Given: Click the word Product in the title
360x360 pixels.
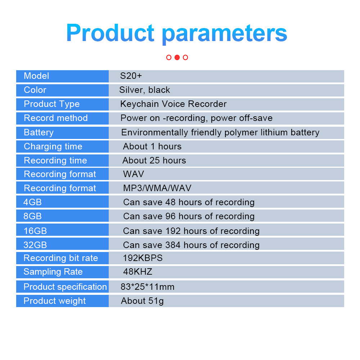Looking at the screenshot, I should (110, 33).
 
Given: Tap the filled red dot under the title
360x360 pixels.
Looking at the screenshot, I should (177, 57).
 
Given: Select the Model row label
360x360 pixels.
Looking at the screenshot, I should (36, 76).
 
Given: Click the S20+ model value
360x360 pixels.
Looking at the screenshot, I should (131, 76).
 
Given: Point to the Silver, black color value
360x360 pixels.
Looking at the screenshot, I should (145, 90).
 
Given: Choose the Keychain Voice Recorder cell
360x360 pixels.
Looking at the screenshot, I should (174, 104).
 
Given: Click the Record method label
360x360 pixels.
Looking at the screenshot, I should (56, 118).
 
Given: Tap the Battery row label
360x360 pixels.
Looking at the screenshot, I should (39, 132).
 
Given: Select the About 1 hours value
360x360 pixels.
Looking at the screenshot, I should (152, 147).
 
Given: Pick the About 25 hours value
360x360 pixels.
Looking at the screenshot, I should (154, 161).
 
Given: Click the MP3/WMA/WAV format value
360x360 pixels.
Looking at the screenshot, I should (157, 188).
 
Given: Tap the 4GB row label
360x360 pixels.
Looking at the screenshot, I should (33, 202).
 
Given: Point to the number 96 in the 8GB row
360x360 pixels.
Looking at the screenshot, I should (171, 216).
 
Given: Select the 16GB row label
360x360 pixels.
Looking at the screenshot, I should (35, 231).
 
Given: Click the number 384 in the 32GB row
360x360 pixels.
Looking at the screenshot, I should (173, 245).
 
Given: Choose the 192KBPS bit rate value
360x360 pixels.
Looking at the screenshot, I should (143, 258).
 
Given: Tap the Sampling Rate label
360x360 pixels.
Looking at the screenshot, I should (53, 272).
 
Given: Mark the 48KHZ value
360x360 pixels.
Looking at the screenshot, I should (138, 272).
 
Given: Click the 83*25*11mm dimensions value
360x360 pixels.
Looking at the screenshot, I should (148, 287).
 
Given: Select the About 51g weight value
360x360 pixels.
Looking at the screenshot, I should (142, 301).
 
